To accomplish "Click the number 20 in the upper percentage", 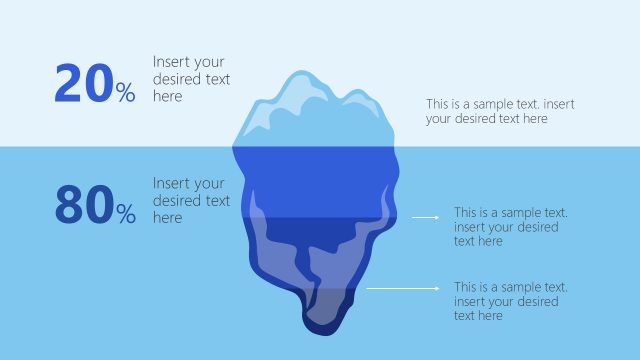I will click(x=83, y=84).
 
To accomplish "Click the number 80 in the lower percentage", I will click(x=83, y=205).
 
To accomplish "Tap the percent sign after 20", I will click(x=125, y=94).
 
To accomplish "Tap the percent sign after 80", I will click(x=125, y=213).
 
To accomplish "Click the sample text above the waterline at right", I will click(x=500, y=111).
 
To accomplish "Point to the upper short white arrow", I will click(x=426, y=216).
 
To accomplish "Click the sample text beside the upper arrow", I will click(x=510, y=227).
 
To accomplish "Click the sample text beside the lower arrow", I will click(x=510, y=301).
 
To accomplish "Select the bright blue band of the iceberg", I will click(x=315, y=180).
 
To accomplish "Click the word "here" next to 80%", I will click(x=167, y=218).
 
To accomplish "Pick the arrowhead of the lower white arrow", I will click(x=435, y=288).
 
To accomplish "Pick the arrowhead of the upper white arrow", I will click(x=435, y=216).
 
